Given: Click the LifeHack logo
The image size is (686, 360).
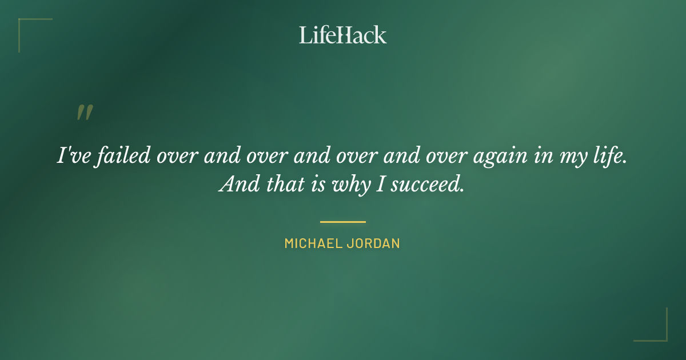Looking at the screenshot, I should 343,35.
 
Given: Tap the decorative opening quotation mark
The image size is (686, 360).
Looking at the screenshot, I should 85,113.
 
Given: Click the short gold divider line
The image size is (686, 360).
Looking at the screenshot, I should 343,222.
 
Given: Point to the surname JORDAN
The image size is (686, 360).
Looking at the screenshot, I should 373,243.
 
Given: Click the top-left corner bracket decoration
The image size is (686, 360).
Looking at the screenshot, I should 26,26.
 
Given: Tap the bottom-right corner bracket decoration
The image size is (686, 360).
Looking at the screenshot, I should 660,334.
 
